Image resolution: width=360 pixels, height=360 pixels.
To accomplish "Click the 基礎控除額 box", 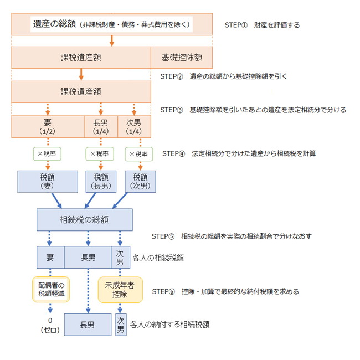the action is [182, 58].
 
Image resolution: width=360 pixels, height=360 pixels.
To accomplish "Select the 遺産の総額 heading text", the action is [54, 24].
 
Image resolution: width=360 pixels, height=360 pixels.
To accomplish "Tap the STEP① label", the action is [236, 25].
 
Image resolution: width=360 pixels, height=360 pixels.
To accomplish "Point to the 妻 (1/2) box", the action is [48, 126].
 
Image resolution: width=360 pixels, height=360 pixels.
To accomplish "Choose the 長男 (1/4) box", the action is [101, 126].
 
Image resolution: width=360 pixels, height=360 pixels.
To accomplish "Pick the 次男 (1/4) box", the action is [134, 126].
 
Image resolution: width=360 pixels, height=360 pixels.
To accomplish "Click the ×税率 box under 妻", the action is [47, 154].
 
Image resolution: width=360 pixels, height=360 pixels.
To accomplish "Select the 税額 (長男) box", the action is [101, 182].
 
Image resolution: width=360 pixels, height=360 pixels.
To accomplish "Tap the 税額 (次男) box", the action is [140, 182].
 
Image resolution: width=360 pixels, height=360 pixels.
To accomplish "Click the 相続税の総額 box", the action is [85, 220].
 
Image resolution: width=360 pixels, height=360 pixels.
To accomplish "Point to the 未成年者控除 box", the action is [120, 290].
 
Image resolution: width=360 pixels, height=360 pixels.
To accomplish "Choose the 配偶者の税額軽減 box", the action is [51, 289].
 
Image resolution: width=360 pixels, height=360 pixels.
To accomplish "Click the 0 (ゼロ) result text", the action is [50, 325].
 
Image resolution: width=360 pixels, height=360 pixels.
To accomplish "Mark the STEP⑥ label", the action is [163, 291].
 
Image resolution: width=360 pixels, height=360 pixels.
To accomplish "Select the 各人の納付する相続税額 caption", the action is [169, 325].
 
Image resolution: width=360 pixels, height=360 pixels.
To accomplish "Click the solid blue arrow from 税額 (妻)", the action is [56, 200].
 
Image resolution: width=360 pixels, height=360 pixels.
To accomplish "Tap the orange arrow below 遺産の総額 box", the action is [112, 41].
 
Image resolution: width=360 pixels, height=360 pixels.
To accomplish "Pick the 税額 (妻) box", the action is [48, 182].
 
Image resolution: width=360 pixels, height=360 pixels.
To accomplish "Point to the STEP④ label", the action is [173, 153].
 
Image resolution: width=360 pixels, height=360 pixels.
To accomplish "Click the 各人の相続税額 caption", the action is [158, 258].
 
